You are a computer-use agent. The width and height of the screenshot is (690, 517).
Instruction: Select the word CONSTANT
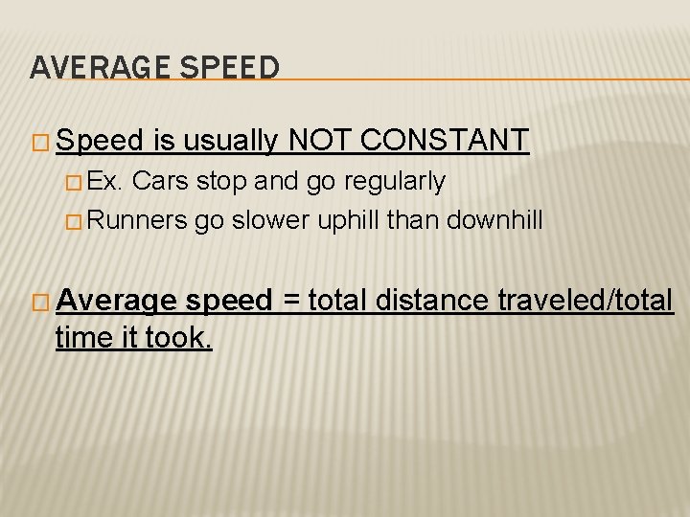446,142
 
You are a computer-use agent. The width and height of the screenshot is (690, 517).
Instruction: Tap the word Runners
140,221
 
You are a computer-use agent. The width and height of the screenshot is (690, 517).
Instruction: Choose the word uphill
345,221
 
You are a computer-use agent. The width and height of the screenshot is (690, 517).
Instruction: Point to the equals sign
289,301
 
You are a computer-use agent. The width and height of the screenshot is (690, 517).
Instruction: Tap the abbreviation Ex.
110,181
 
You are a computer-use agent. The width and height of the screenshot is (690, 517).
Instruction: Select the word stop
223,181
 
